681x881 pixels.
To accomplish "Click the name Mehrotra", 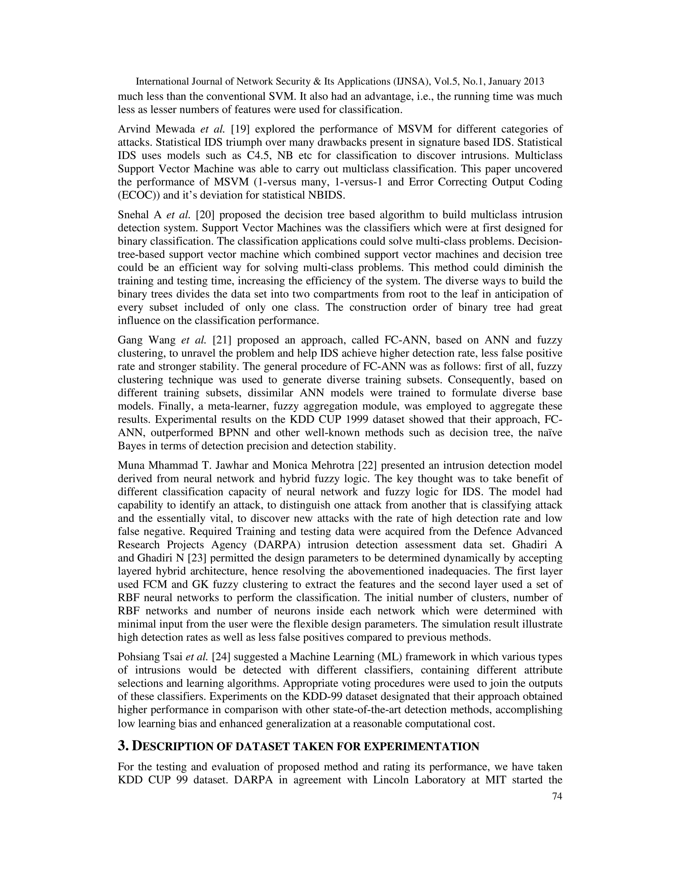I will coord(334,465).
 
